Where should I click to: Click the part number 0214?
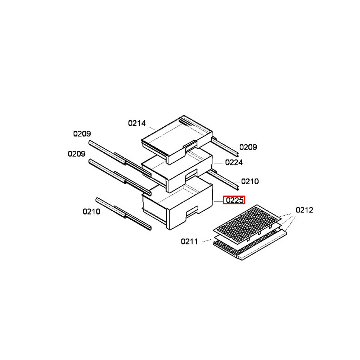coord(137,123)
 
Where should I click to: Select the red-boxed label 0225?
coord(234,200)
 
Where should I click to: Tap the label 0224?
coord(234,163)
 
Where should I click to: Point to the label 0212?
coord(304,210)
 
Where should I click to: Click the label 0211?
coord(189,242)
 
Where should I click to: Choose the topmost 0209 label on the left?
coord(82,134)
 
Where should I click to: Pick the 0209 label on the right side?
coord(248,147)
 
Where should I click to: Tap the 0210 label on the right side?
coord(250,181)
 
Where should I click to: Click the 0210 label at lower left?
coord(91,211)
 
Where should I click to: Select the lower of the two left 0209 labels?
coord(76,154)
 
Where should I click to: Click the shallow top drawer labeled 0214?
coord(177,139)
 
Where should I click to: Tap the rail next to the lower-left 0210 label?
coord(123,214)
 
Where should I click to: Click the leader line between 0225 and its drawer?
coord(219,201)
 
